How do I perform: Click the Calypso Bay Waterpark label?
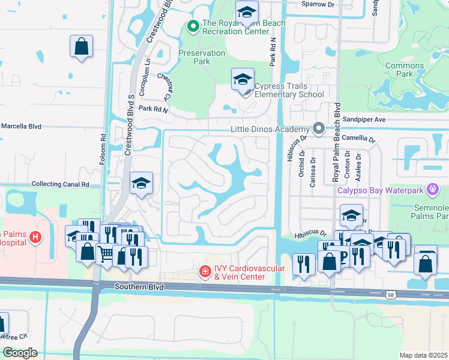point(384,190)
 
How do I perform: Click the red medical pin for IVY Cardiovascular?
point(205,272)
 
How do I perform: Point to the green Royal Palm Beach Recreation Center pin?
point(193,26)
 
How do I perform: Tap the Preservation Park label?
point(202,57)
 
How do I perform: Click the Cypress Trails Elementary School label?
point(289,91)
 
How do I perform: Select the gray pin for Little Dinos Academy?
point(319,129)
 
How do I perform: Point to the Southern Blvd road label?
point(139,288)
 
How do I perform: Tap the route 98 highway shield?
point(391,294)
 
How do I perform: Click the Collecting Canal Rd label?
point(60,184)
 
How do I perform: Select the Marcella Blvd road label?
point(20,127)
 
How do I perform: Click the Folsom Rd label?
point(103,145)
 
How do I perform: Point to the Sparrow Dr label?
point(318,4)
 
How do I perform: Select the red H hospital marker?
point(35,238)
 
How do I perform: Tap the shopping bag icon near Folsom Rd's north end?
point(81,47)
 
